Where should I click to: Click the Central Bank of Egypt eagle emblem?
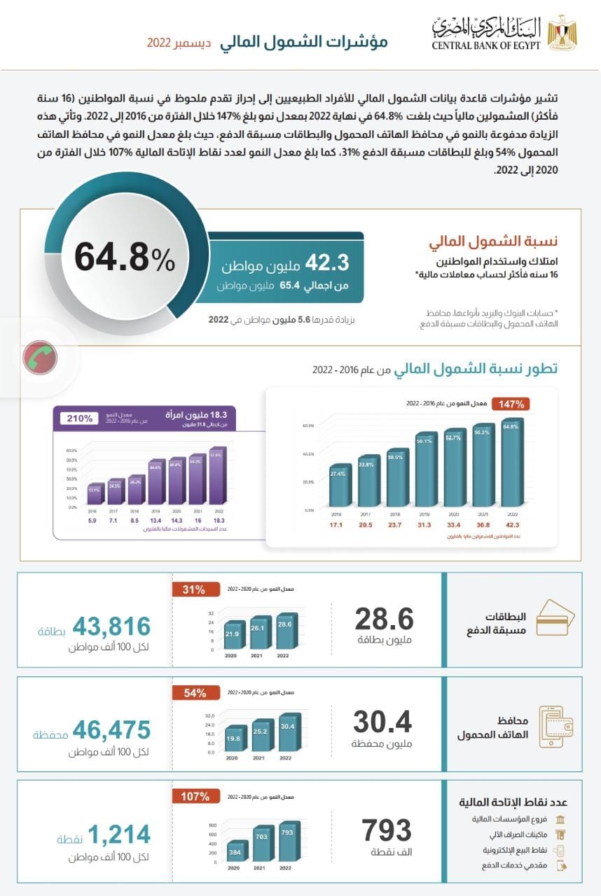pyautogui.click(x=562, y=31)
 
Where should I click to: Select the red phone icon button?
pyautogui.click(x=40, y=358)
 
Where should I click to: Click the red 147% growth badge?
pyautogui.click(x=512, y=404)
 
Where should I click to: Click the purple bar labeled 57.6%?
pyautogui.click(x=216, y=477)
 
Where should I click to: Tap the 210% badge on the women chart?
pyautogui.click(x=81, y=419)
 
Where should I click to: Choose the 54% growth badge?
pyautogui.click(x=195, y=693)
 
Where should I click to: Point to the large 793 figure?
pyautogui.click(x=387, y=830)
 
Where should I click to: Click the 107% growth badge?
pyautogui.click(x=195, y=797)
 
